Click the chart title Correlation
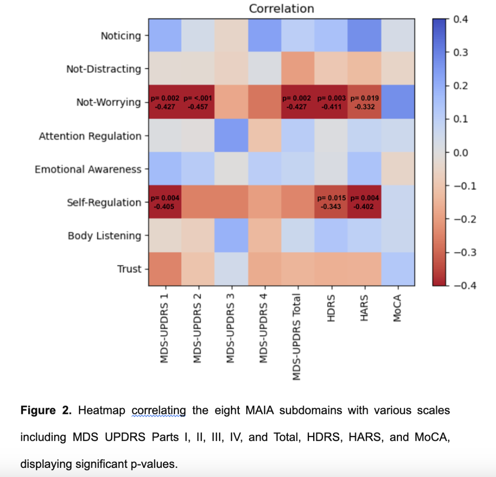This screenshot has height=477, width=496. (281, 9)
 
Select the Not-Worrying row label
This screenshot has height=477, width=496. (108, 102)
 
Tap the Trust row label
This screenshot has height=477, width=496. (129, 269)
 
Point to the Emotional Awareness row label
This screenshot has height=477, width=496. (88, 169)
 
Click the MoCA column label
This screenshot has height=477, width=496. (397, 308)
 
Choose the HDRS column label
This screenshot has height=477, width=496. (331, 308)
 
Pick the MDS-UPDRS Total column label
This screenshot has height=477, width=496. (297, 336)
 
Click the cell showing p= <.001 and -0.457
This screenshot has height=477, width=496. (198, 102)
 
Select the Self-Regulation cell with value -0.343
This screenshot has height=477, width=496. (331, 202)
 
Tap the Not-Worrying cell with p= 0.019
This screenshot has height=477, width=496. (365, 102)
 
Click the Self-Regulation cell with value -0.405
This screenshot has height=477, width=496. (165, 202)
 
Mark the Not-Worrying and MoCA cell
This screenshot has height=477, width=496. (398, 102)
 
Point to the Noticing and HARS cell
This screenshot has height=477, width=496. (365, 35)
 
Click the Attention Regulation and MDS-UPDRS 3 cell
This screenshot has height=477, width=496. (231, 136)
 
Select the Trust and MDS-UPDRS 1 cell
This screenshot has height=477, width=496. (165, 269)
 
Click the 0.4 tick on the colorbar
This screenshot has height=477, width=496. (460, 19)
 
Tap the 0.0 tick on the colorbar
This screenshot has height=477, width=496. (460, 153)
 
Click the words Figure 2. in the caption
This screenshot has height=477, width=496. (46, 410)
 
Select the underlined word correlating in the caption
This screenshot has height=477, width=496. (158, 410)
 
